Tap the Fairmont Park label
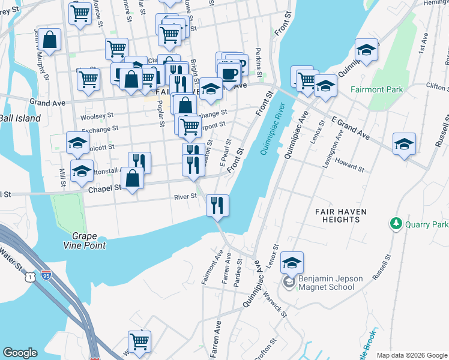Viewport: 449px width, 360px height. [377, 89]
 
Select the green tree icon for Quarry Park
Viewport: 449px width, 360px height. [396, 224]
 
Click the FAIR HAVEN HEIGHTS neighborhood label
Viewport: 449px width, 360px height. [337, 215]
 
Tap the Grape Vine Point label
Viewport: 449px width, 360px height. [85, 240]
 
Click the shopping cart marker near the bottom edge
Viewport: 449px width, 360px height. [139, 341]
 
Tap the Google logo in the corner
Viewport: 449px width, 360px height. [20, 353]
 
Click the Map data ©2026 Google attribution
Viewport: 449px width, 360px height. [411, 355]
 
